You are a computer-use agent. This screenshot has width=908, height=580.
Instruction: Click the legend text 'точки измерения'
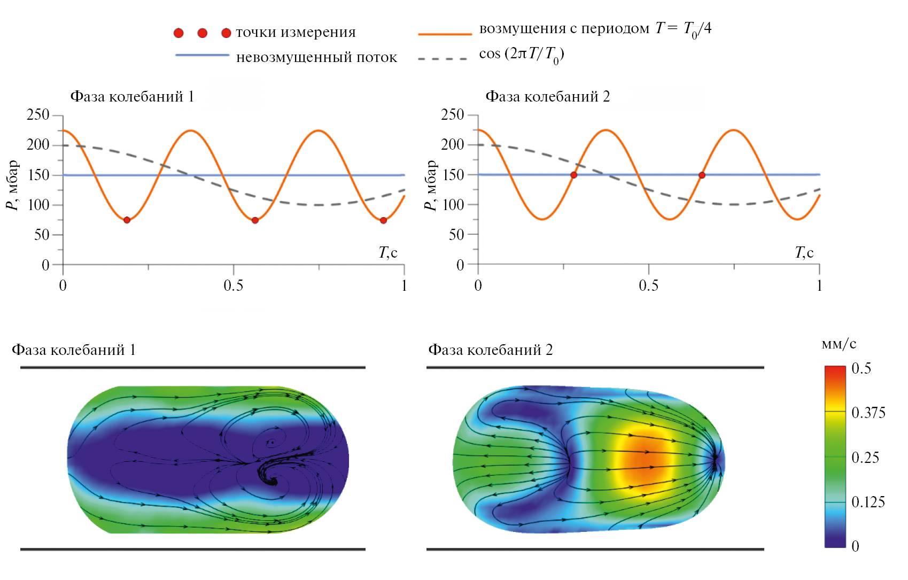point(296,33)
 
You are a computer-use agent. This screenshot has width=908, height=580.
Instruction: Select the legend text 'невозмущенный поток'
point(316,57)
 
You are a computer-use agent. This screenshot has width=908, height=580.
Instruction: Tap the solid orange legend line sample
point(445,34)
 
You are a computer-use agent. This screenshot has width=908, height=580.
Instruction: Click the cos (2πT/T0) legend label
point(522,55)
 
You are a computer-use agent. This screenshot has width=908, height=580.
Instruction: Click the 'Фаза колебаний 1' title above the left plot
point(132,97)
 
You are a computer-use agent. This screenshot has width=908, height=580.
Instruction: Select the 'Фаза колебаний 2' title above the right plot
point(547,97)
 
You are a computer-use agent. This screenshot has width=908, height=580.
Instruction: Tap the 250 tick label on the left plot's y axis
point(38,115)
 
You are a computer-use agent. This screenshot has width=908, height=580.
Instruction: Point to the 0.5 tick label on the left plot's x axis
point(233,285)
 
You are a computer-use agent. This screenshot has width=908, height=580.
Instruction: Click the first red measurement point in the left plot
point(127,220)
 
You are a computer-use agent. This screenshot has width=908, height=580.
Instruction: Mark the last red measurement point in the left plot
point(383,220)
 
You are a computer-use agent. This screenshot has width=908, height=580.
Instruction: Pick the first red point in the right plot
point(573,175)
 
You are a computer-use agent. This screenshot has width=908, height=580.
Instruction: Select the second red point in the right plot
point(702,175)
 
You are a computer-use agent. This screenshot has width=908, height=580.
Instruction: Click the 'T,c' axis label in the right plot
point(804,252)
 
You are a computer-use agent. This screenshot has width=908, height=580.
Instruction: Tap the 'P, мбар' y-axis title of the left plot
point(12,185)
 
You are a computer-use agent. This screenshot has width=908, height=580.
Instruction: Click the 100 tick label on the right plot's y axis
point(453,205)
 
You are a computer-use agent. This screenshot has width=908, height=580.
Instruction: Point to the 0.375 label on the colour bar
point(868,413)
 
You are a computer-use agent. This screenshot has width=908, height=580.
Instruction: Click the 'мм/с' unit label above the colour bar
point(839,344)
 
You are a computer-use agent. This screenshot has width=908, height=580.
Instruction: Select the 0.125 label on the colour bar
point(868,502)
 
